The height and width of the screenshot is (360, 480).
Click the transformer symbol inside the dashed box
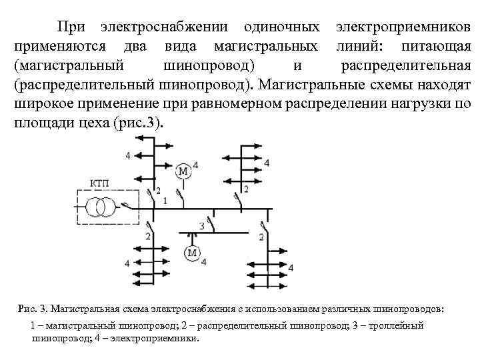99,207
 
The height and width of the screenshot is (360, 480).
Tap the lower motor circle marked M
192,253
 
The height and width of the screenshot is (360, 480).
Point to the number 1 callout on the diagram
165,200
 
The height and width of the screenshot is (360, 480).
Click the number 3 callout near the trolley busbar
201,227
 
